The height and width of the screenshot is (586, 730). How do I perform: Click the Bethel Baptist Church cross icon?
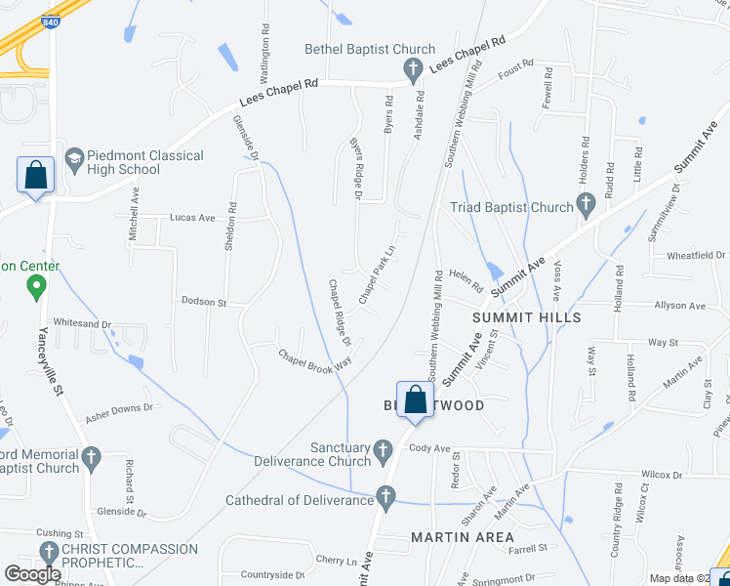[x=413, y=68]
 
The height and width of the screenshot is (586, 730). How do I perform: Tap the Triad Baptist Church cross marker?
[x=586, y=206]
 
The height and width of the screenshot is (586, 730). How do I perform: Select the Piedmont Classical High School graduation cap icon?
[x=74, y=158]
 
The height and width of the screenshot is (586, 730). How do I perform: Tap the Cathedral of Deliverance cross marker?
[x=385, y=499]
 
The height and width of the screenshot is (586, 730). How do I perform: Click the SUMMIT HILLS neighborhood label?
[x=526, y=317]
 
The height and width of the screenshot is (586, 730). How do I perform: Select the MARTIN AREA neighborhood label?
[x=463, y=537]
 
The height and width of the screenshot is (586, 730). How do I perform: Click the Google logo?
[x=33, y=574]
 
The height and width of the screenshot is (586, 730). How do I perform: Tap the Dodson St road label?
[x=204, y=303]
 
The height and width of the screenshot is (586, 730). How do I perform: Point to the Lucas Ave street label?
[x=192, y=218]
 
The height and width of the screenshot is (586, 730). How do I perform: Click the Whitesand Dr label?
[x=83, y=323]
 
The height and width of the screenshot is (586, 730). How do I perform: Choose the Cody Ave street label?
[x=429, y=448]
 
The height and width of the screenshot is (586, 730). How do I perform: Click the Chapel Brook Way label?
[x=314, y=359]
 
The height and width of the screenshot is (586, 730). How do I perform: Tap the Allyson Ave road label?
[x=681, y=306]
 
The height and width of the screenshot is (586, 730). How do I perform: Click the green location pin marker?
[x=37, y=287]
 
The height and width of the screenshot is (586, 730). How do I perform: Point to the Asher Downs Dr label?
[x=119, y=412]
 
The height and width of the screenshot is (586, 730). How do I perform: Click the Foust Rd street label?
[x=515, y=68]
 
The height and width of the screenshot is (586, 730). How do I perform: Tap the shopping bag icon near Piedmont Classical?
[x=36, y=176]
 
